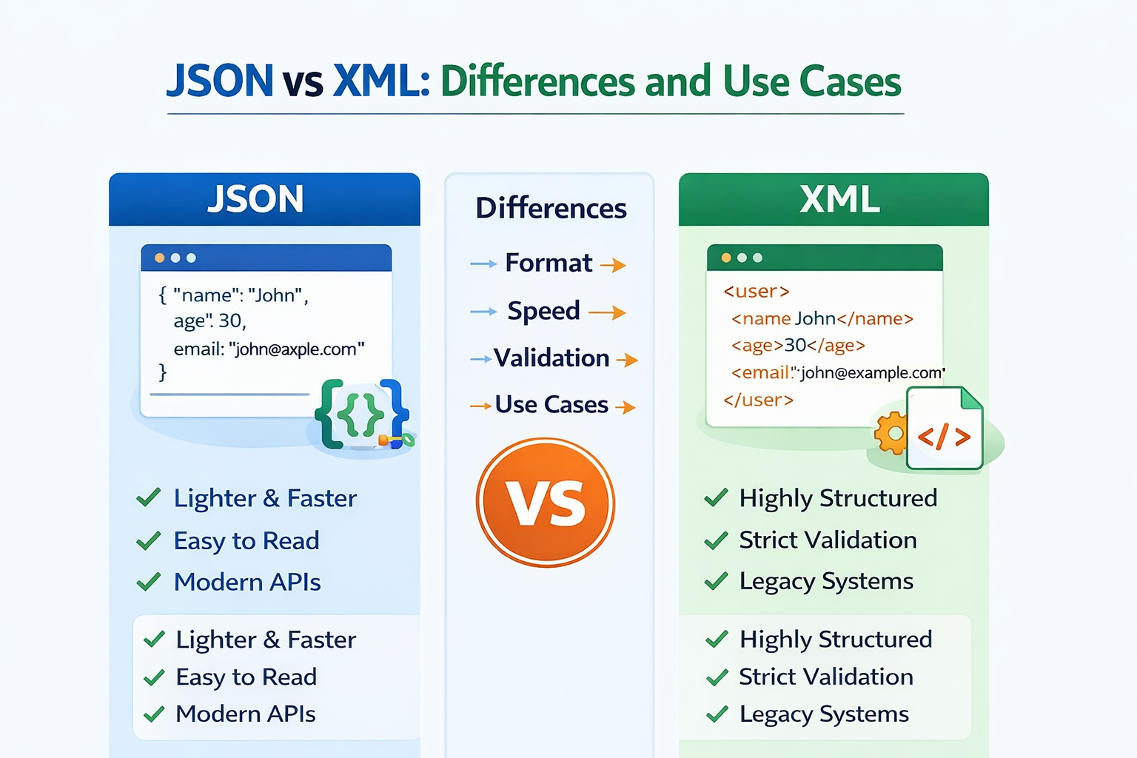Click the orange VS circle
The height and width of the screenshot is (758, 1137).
pyautogui.click(x=546, y=503)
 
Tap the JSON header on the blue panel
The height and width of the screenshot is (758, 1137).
pyautogui.click(x=255, y=199)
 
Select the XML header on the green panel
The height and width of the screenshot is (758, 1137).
pyautogui.click(x=839, y=199)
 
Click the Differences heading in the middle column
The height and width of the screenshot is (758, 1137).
pyautogui.click(x=551, y=208)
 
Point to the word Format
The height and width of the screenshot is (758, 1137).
pyautogui.click(x=549, y=263)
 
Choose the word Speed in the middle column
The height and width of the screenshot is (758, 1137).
pyautogui.click(x=543, y=311)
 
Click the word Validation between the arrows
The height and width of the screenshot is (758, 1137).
pyautogui.click(x=551, y=358)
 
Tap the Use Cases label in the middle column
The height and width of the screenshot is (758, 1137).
pyautogui.click(x=551, y=405)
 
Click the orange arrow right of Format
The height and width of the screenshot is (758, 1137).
pyautogui.click(x=613, y=265)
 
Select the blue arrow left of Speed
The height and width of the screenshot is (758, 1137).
pyautogui.click(x=483, y=312)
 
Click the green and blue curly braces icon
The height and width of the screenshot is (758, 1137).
pyautogui.click(x=361, y=414)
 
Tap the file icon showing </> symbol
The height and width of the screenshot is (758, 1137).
pyautogui.click(x=945, y=429)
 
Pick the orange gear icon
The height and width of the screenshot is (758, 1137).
pyautogui.click(x=891, y=432)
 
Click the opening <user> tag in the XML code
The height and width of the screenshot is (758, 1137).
pyautogui.click(x=757, y=292)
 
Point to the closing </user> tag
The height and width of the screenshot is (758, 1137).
pyautogui.click(x=758, y=400)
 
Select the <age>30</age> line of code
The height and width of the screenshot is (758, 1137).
pyautogui.click(x=798, y=346)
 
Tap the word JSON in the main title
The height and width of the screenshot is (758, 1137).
pyautogui.click(x=220, y=81)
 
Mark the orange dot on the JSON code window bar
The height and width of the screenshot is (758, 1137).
pyautogui.click(x=159, y=258)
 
